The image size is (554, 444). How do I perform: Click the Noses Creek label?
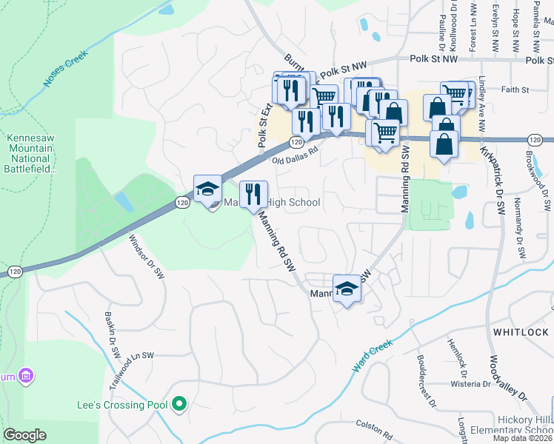pos(66,70)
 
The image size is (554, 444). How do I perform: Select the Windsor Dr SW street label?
pos(146,256)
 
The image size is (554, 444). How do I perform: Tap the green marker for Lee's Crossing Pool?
pos(178,405)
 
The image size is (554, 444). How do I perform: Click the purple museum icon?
pos(27,376)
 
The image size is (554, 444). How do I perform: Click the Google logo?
pos(25,435)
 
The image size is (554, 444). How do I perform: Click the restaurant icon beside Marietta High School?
pos(253,195)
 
